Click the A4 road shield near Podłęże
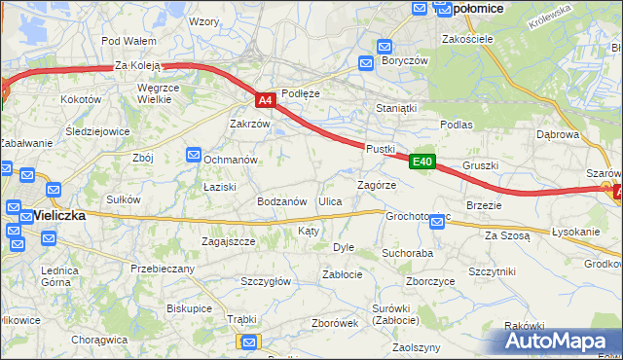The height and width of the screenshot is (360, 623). [266, 100]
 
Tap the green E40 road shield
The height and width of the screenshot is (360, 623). [421, 162]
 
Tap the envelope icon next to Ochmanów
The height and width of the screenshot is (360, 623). [194, 156]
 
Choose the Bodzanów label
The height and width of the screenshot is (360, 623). [282, 201]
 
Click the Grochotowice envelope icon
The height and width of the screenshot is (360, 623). [437, 223]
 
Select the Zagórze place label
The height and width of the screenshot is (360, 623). [376, 185]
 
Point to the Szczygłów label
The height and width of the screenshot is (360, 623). [266, 281]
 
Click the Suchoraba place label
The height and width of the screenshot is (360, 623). [407, 253]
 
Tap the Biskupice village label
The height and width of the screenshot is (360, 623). [189, 308]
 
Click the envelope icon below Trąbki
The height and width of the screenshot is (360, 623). [249, 342]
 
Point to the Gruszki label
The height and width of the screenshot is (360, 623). [481, 165]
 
